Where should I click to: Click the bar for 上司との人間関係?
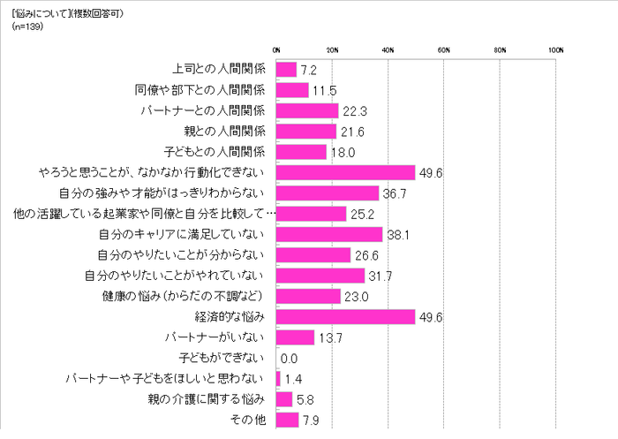pyautogui.click(x=286, y=69)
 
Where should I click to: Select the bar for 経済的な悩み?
pyautogui.click(x=345, y=316)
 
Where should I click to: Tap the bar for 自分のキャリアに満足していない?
pyautogui.click(x=329, y=234)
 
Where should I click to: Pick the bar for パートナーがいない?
pyautogui.click(x=295, y=337)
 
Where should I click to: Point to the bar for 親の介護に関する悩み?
pyautogui.click(x=284, y=399)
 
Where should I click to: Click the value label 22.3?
pyautogui.click(x=355, y=110)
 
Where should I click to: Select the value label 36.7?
pyautogui.click(x=395, y=193)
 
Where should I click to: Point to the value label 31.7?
pyautogui.click(x=381, y=276)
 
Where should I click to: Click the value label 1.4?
pyautogui.click(x=294, y=379)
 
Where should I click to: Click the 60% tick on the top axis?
pyautogui.click(x=444, y=49)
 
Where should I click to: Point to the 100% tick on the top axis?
pyautogui.click(x=555, y=49)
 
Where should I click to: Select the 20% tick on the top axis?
pyautogui.click(x=332, y=49)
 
